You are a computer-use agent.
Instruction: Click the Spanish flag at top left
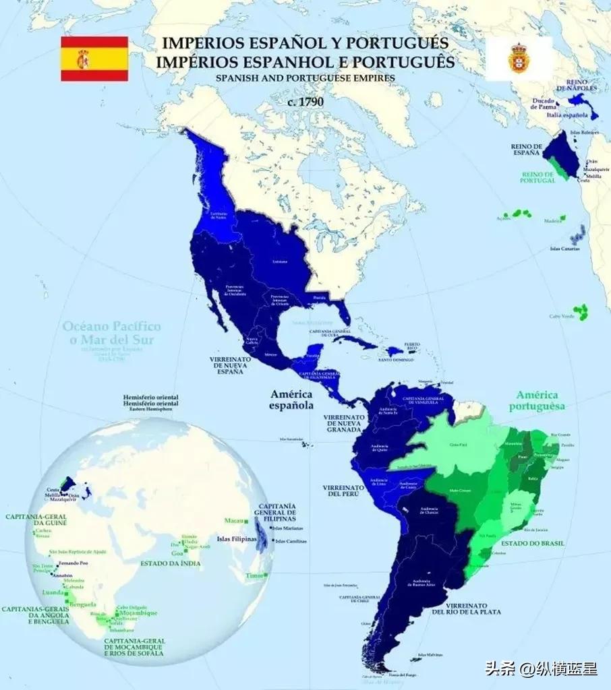(x=94, y=59)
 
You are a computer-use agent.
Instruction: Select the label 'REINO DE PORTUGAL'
(x=537, y=177)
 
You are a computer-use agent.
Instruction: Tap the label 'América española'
(x=292, y=400)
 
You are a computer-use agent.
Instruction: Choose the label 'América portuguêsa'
(x=539, y=401)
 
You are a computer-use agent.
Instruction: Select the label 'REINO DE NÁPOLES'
(x=577, y=85)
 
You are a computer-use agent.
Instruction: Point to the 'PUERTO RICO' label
(x=412, y=346)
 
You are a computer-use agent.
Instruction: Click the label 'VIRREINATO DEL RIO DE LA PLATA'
(x=465, y=608)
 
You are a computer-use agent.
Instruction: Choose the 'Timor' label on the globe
(x=255, y=575)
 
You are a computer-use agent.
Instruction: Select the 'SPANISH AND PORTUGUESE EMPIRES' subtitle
(x=305, y=77)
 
